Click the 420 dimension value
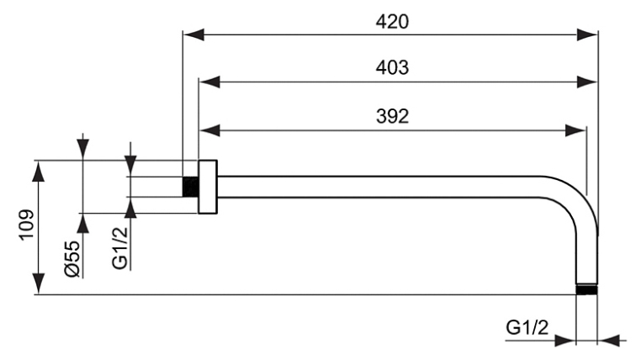(391, 21)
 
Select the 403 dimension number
(391, 67)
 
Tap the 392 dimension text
(391, 117)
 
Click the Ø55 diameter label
(72, 257)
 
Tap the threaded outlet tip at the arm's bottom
(587, 290)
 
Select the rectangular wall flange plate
(208, 186)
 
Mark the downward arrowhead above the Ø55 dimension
(82, 149)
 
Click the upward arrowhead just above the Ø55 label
(82, 222)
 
